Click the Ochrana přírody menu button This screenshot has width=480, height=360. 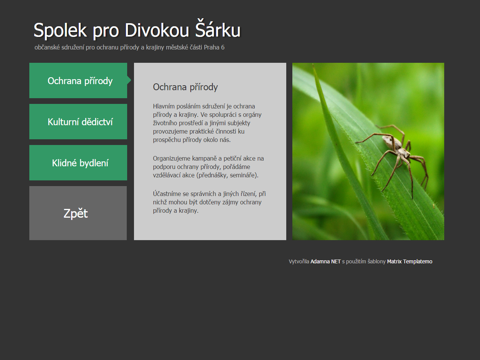[78, 80]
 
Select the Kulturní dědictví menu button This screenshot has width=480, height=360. [78, 121]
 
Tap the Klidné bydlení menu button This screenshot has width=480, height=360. [78, 162]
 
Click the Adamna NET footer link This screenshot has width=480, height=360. [325, 261]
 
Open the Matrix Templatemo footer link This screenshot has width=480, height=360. [410, 261]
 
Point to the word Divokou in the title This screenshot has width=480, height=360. [157, 30]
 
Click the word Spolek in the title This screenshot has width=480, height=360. [60, 30]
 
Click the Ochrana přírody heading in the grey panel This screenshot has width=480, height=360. [185, 87]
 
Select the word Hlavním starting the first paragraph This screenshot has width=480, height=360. [164, 106]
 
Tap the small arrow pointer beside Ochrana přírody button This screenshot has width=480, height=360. [129, 80]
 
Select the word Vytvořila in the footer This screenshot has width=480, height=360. [299, 261]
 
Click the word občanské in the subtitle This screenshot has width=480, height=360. [47, 47]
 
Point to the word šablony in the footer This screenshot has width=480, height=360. [376, 261]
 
